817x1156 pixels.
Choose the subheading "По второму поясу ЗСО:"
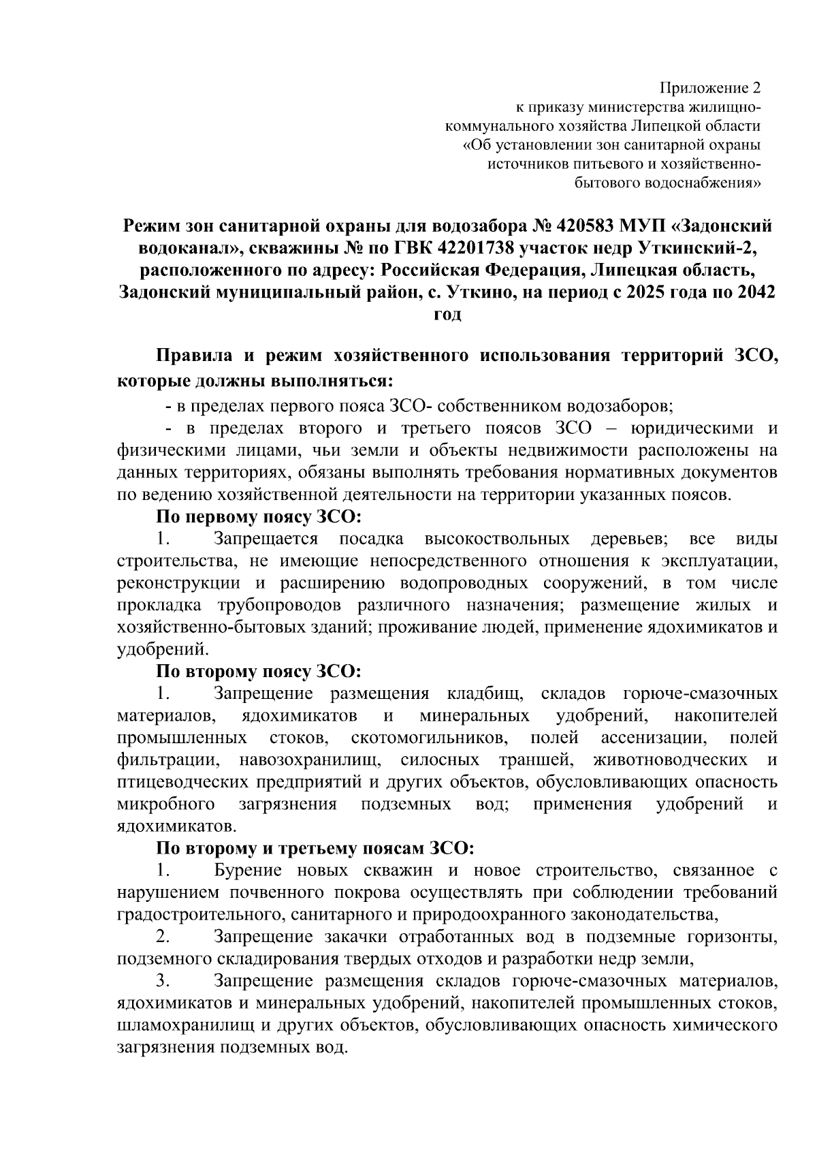pos(259,671)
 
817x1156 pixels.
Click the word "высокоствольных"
pos(497,540)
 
